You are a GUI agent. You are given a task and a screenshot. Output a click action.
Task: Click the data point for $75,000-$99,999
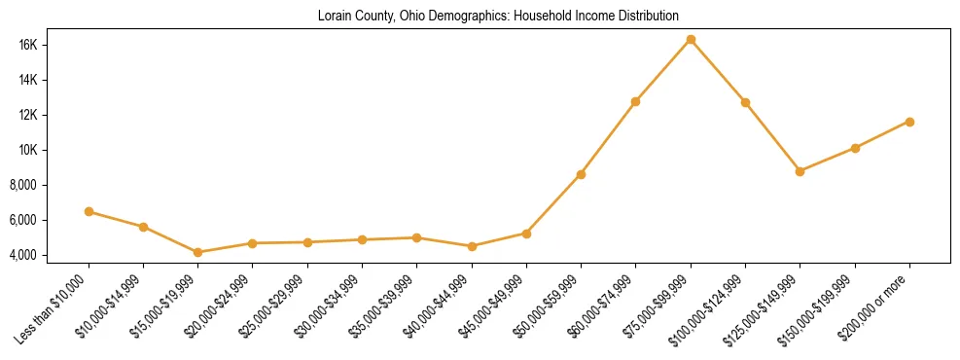coord(691,40)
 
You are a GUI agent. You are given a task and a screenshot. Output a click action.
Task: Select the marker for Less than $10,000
coord(89,211)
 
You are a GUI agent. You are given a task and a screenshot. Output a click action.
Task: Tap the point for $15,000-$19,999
coord(198,252)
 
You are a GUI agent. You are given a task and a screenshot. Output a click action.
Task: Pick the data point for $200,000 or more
coord(909,122)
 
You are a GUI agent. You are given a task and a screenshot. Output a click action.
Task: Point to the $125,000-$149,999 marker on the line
coord(800,171)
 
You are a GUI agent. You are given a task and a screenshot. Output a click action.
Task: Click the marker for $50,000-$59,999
coord(581,174)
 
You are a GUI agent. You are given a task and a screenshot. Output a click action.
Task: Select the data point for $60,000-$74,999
coord(635,101)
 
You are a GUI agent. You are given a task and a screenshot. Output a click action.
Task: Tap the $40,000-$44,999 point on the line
coord(472,246)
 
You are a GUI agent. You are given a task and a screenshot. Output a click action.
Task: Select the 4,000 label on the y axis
coord(49,255)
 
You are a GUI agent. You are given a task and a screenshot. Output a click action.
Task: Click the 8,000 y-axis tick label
coord(49,185)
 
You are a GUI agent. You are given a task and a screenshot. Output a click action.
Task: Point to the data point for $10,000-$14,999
coord(143,227)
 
